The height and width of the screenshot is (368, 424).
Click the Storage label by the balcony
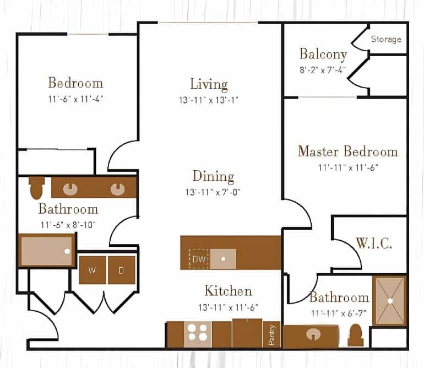coord(385,39)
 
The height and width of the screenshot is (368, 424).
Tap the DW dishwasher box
coord(199,258)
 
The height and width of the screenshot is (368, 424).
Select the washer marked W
coord(92,270)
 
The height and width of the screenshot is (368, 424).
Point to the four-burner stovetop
coord(197,333)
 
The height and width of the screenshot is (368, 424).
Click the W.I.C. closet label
coord(374,243)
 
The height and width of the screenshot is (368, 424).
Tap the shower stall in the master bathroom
coord(389,301)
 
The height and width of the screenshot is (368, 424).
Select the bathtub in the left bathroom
coord(46,251)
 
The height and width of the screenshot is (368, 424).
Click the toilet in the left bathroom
coord(37,187)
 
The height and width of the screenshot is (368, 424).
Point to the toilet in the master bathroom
coord(356,335)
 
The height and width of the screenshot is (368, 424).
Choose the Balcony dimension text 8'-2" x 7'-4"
coord(323,70)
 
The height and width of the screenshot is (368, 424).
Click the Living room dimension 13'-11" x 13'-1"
coord(209,100)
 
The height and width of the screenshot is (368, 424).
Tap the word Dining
coord(213,176)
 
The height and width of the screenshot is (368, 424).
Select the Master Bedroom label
coord(347,151)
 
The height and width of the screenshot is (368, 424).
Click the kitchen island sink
coord(223,258)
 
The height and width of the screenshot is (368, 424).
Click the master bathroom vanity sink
coord(313,335)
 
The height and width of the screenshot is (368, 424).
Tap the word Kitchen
coord(228,290)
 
